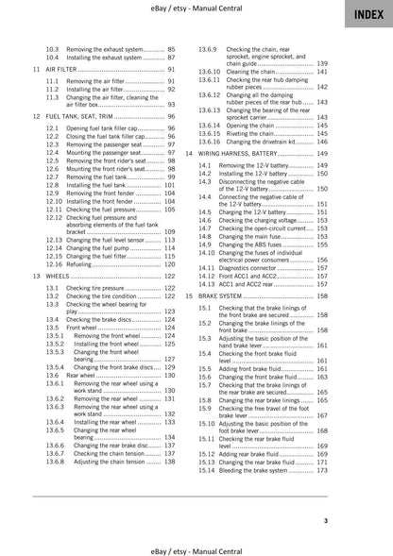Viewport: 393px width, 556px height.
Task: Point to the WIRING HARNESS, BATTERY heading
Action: pyautogui.click(x=254, y=153)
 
